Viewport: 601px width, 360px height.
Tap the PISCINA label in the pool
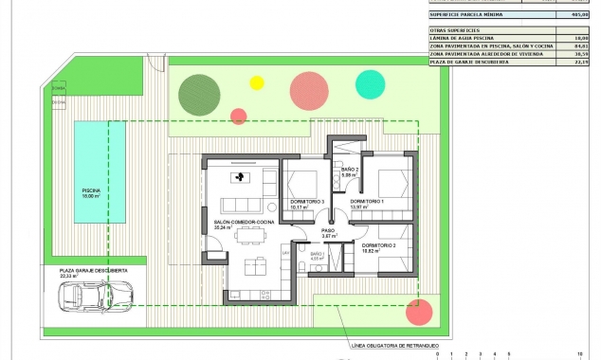click(91, 191)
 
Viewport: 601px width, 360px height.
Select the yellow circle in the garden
click(256, 82)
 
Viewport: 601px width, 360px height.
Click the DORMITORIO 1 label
click(367, 202)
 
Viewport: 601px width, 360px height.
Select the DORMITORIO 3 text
click(307, 202)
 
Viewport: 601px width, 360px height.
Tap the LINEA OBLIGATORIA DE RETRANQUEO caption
click(395, 346)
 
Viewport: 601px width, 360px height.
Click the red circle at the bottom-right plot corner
click(416, 313)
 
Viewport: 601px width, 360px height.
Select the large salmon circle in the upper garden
click(308, 89)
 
